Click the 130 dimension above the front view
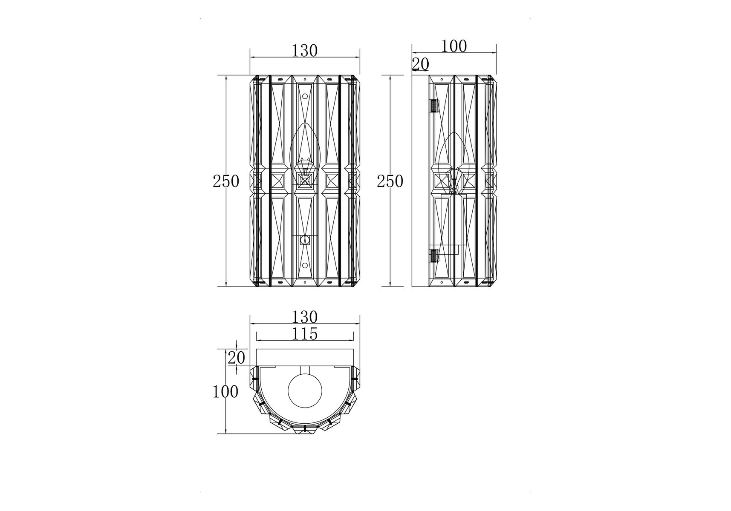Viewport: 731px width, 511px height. (305, 51)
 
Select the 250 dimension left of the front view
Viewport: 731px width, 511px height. (226, 181)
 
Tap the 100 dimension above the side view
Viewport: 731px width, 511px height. (454, 46)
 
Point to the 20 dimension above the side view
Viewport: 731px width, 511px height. (420, 64)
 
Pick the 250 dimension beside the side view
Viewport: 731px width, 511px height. (390, 181)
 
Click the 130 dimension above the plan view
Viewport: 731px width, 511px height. (305, 317)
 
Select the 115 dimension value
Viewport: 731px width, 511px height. (305, 333)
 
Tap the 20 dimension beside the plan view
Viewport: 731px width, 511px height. (237, 358)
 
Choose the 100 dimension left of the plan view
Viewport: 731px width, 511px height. (225, 391)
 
